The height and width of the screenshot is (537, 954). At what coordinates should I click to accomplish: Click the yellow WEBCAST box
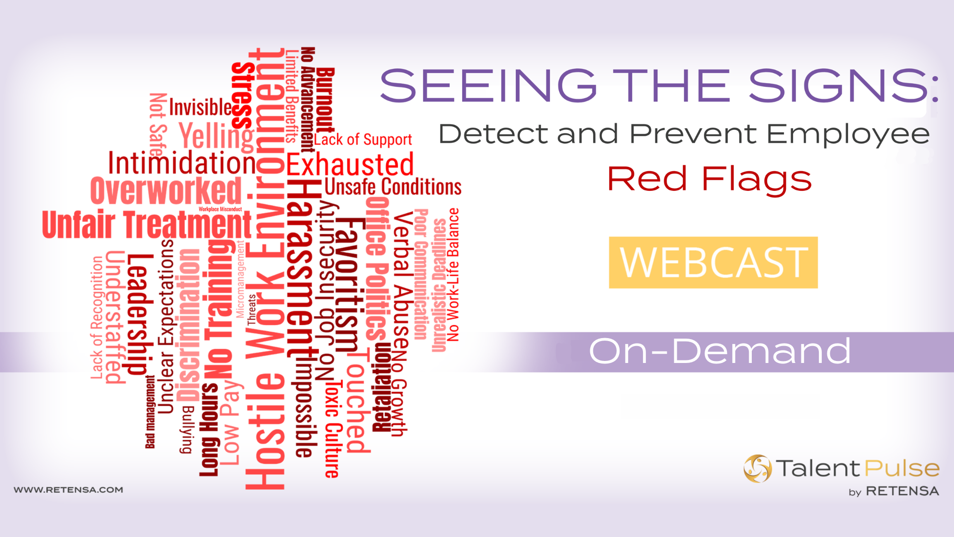[x=713, y=263]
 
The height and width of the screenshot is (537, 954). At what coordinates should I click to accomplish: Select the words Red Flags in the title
[x=710, y=179]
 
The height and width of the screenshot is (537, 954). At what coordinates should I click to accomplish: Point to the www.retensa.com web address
[x=69, y=490]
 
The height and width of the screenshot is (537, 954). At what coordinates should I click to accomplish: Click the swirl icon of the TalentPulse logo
[x=757, y=468]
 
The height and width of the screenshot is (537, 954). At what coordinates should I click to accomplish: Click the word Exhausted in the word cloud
[x=350, y=165]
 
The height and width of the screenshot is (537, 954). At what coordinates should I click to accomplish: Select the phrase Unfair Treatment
[x=147, y=225]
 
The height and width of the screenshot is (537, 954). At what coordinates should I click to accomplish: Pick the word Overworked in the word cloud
[x=166, y=191]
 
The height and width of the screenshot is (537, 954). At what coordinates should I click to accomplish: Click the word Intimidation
[x=182, y=163]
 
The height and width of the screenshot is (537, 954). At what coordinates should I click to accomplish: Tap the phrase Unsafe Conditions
[x=393, y=187]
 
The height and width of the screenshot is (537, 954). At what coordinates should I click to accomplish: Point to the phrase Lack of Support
[x=363, y=140]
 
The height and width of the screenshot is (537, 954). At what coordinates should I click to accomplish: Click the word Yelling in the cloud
[x=216, y=135]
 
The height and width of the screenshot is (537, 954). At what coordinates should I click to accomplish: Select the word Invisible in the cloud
[x=200, y=107]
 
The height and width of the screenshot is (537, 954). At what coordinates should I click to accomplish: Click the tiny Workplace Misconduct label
[x=220, y=209]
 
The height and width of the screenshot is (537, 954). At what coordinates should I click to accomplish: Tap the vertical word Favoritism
[x=347, y=286]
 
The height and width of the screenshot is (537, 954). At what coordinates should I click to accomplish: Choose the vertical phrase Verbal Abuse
[x=402, y=281]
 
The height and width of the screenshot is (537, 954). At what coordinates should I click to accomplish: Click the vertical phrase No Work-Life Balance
[x=453, y=274]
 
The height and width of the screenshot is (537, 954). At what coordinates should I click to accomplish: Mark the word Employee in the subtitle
[x=848, y=134]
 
